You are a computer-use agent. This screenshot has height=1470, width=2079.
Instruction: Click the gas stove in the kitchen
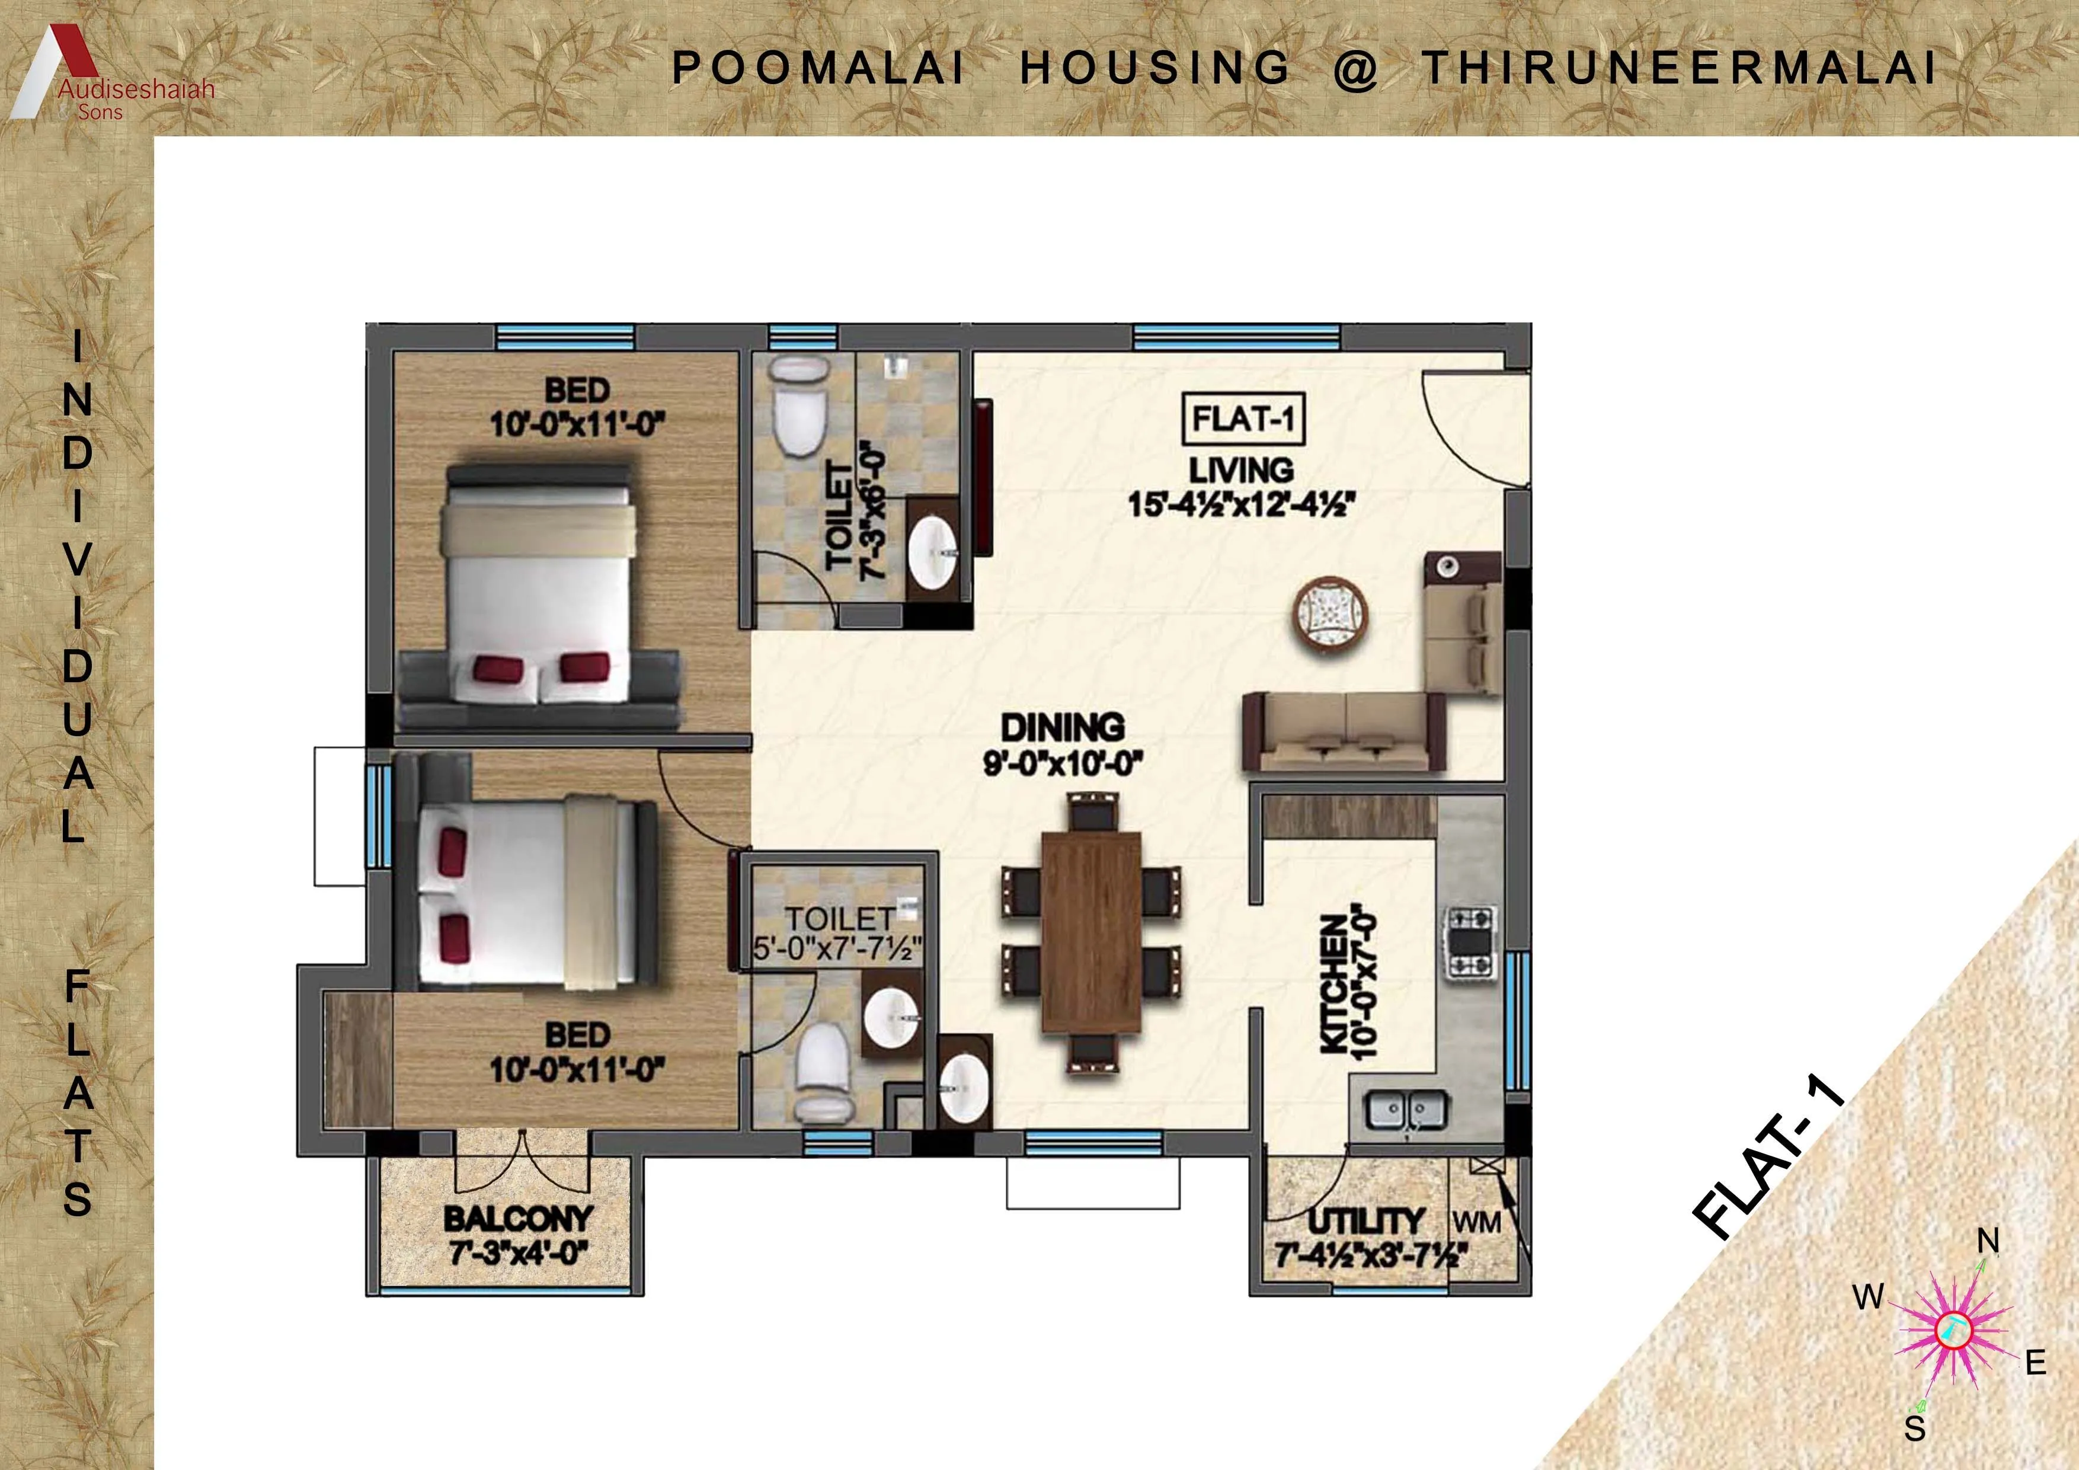coord(1470,942)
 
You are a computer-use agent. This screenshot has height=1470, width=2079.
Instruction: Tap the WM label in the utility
coord(1477,1223)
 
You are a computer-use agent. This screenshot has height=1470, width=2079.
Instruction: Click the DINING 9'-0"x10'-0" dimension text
coord(1063,765)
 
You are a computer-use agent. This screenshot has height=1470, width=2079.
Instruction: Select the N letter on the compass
coord(1988,1241)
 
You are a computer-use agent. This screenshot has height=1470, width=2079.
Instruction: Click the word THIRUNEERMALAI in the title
coord(1680,68)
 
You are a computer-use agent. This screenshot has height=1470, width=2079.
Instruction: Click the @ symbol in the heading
coord(1355,70)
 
